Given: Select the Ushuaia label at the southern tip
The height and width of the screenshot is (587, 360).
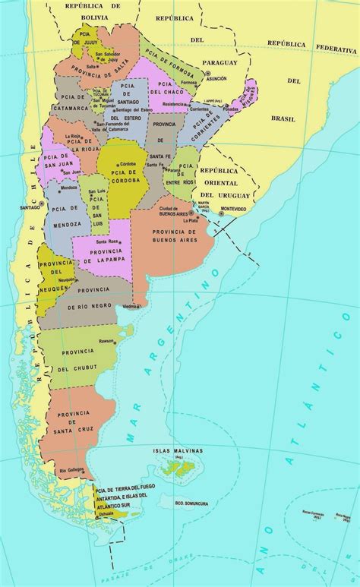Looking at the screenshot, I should tap(106, 514).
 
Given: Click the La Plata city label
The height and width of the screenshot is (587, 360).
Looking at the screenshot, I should tap(200, 220).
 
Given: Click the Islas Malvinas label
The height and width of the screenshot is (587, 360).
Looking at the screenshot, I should tap(177, 450).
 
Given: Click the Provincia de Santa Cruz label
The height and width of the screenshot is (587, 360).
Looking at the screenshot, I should tap(70, 423).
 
